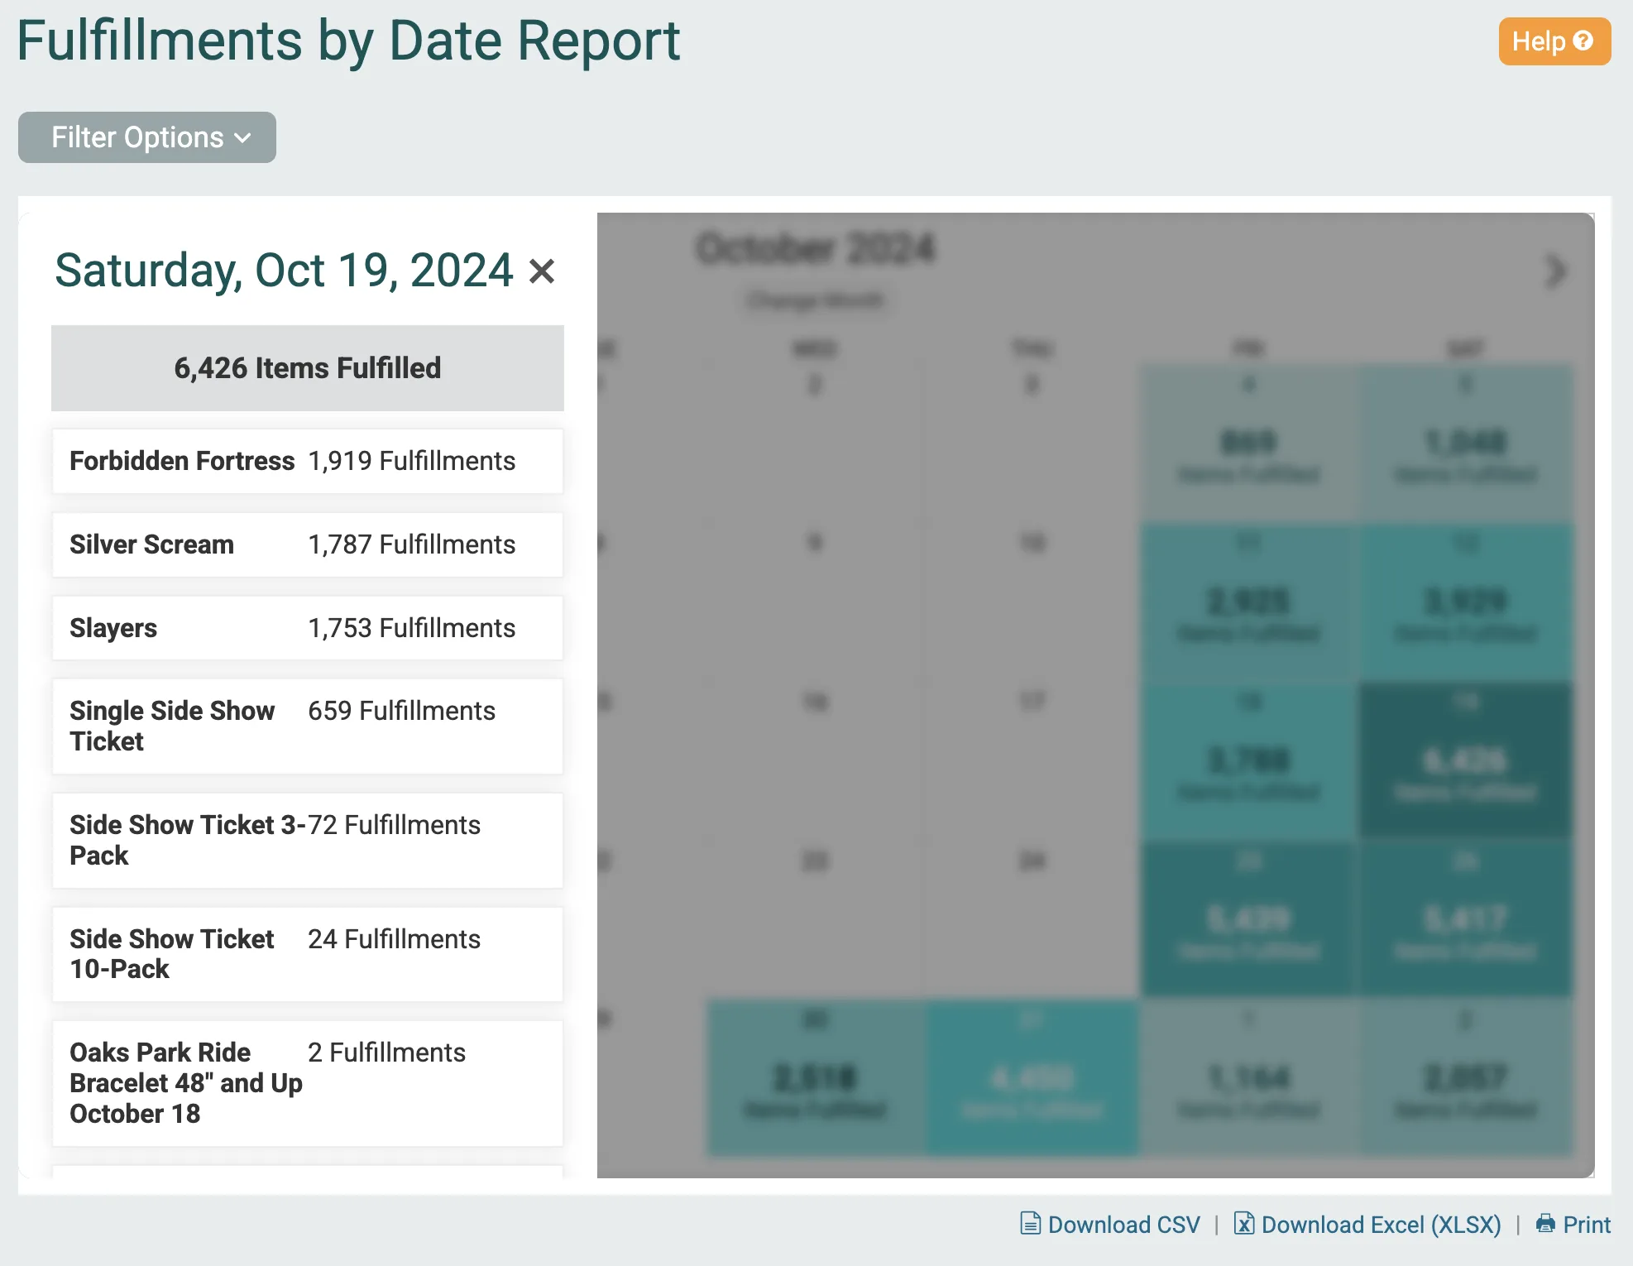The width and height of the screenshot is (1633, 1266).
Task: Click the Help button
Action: click(x=1554, y=41)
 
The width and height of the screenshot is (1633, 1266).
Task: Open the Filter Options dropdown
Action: click(x=147, y=137)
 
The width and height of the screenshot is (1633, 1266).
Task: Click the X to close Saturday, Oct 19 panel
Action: click(x=542, y=271)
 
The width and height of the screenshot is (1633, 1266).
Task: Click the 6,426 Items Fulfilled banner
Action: click(x=307, y=368)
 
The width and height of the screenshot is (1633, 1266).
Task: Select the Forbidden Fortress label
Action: click(x=182, y=461)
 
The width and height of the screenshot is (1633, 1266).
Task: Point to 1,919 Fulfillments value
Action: click(x=411, y=461)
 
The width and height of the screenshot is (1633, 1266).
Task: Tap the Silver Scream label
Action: click(x=151, y=544)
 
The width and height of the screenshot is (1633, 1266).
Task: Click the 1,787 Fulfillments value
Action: click(x=411, y=544)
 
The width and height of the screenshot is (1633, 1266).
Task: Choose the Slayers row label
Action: click(x=113, y=628)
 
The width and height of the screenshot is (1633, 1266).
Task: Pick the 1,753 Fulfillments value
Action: click(x=411, y=628)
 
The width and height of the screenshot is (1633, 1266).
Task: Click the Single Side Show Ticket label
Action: click(x=171, y=726)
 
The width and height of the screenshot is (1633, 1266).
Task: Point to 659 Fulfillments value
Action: click(x=401, y=711)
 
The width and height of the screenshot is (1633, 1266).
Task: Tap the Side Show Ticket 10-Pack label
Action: click(x=171, y=954)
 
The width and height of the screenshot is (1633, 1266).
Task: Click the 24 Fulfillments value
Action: click(x=394, y=939)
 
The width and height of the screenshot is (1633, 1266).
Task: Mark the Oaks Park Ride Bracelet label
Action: click(x=185, y=1083)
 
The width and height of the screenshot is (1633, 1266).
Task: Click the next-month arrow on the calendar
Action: click(x=1555, y=271)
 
